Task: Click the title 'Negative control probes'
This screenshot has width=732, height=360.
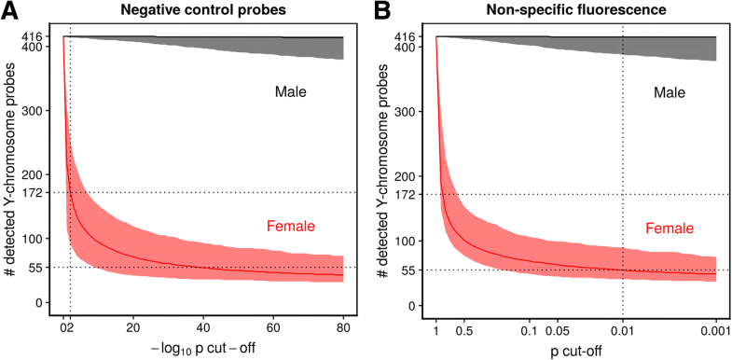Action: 203,11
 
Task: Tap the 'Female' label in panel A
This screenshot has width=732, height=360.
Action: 291,225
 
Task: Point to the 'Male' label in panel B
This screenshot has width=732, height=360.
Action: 669,93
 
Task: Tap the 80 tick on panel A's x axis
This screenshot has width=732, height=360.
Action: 343,328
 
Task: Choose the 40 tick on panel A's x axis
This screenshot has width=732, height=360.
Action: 203,328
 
